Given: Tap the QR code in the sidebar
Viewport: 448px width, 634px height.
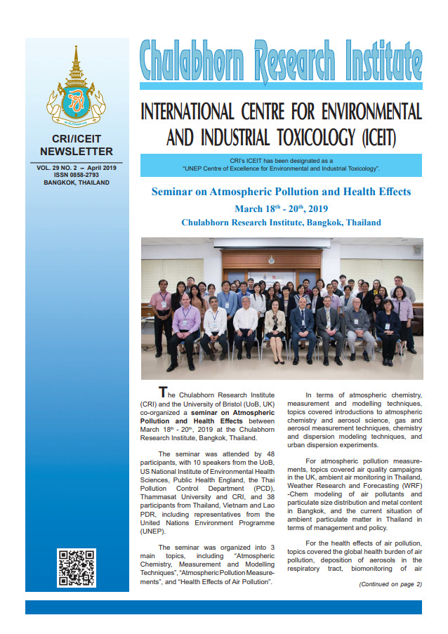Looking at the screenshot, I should tap(77, 567).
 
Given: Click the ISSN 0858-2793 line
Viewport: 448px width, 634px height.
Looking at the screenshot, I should tap(77, 176).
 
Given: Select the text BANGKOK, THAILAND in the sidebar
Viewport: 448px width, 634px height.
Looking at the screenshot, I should tap(77, 183).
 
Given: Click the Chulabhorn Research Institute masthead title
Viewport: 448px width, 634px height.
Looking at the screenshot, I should tap(281, 60).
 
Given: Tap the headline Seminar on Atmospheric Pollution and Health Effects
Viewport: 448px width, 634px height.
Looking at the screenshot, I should tap(281, 192).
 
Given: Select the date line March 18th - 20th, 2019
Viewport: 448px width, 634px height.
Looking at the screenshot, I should tap(281, 208).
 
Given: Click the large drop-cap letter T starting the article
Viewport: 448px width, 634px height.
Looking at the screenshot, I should tap(163, 392).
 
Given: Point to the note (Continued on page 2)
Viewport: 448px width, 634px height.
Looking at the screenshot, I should tap(390, 583).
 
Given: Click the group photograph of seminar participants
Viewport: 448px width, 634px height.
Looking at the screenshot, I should tap(281, 309).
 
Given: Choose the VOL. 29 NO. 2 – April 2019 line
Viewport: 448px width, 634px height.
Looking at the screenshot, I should tap(77, 168).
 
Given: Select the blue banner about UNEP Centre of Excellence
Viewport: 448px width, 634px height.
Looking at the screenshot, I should tap(281, 165).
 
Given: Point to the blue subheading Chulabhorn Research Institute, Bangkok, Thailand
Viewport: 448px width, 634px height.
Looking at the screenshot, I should tap(281, 223).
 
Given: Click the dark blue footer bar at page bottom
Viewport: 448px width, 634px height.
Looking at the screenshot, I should tap(223, 607).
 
